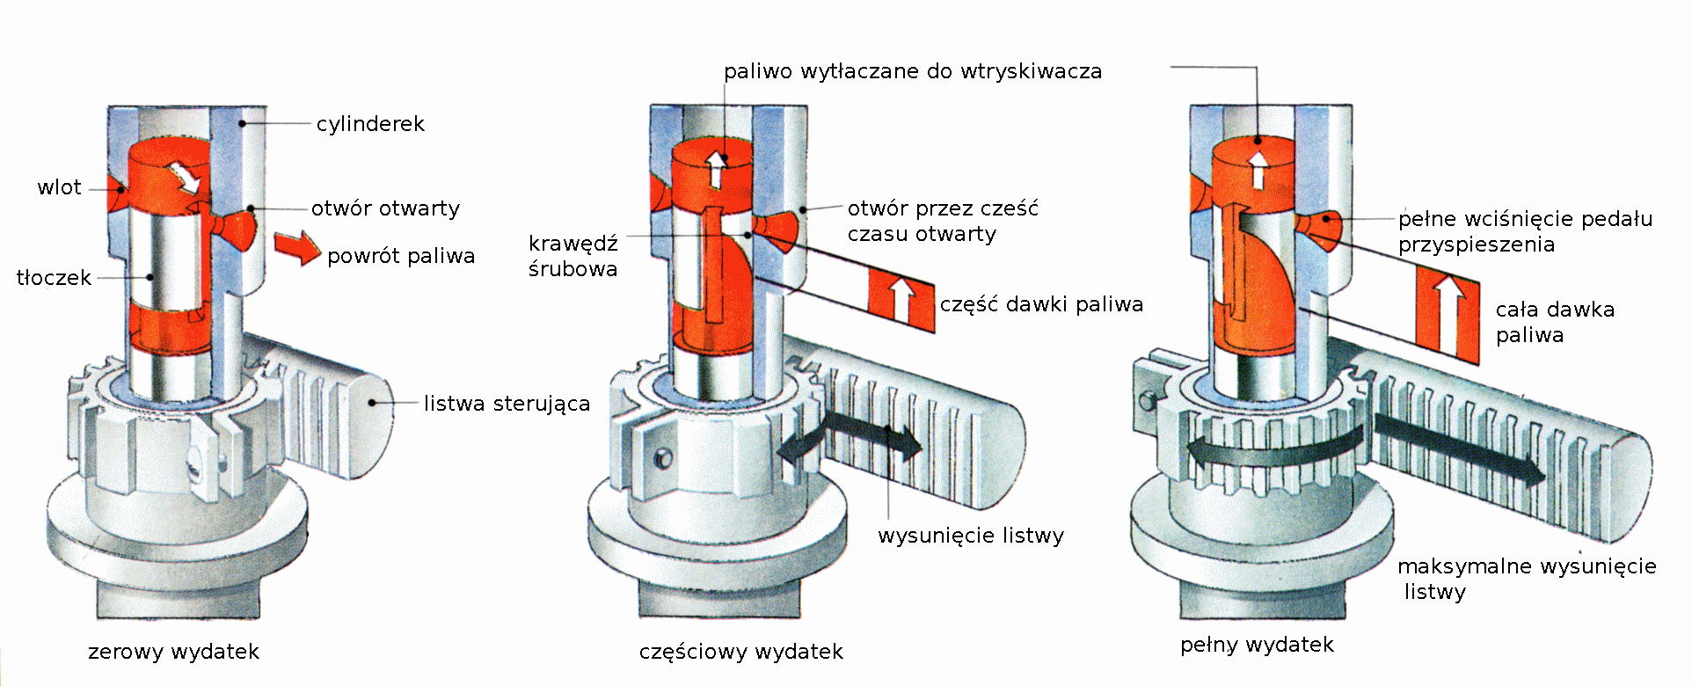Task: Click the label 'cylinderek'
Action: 370,124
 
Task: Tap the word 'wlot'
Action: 59,187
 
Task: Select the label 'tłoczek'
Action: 54,278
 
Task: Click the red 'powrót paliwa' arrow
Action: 297,247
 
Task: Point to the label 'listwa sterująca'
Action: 507,404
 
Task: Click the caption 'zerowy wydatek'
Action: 173,652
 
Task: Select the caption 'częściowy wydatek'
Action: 740,652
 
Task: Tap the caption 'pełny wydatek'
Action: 1257,645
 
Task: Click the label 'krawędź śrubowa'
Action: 573,256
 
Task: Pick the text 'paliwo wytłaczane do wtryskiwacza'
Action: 912,71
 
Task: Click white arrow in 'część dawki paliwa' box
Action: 901,300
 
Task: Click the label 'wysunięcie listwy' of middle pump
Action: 971,536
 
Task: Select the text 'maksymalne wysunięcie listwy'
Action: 1526,578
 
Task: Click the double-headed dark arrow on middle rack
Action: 850,436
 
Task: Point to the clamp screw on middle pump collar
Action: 664,458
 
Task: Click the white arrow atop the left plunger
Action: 187,177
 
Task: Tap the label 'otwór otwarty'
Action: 385,208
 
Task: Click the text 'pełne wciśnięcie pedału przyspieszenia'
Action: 1525,231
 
